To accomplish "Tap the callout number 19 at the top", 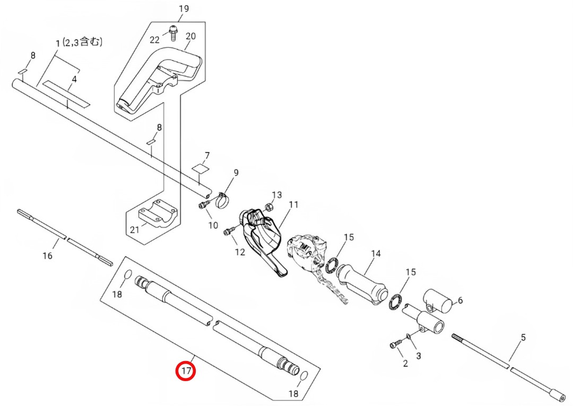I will pyautogui.click(x=184, y=9).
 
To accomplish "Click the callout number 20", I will pyautogui.click(x=191, y=37).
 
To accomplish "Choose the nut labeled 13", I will pyautogui.click(x=269, y=206).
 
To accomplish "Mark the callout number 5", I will pyautogui.click(x=523, y=338).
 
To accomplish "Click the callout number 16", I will pyautogui.click(x=47, y=256).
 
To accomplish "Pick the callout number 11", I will pyautogui.click(x=294, y=205).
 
